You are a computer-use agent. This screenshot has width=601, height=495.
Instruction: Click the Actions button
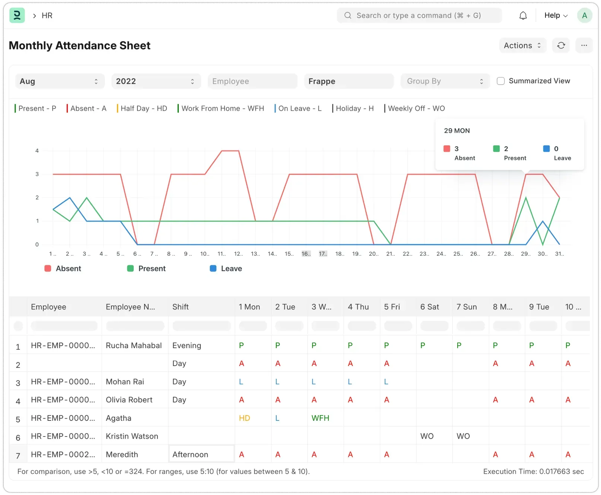[x=522, y=45]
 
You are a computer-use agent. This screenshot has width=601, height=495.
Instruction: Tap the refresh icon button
[x=561, y=45]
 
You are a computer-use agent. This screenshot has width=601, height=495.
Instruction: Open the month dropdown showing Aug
[x=60, y=81]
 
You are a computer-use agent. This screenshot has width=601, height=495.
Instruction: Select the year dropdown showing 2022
[x=156, y=81]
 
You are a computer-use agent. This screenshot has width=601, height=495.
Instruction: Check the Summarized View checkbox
[x=501, y=81]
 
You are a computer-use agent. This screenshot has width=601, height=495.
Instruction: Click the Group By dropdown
[x=445, y=81]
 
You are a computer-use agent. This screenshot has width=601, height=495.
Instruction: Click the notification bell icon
[x=523, y=16]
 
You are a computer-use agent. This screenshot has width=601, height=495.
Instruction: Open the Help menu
[x=556, y=16]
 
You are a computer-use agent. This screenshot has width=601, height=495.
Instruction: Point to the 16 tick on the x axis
[x=306, y=254]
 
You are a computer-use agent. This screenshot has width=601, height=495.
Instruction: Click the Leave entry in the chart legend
[x=226, y=268]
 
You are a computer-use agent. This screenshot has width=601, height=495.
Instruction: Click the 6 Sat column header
[x=430, y=307]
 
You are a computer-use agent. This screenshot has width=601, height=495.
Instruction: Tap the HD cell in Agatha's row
[x=244, y=418]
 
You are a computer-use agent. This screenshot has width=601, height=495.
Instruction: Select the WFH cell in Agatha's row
[x=320, y=418]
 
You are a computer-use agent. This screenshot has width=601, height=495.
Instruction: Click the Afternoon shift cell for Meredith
[x=201, y=454]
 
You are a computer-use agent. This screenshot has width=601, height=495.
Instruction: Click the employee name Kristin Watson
[x=132, y=436]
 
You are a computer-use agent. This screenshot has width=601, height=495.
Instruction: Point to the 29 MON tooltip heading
[x=457, y=131]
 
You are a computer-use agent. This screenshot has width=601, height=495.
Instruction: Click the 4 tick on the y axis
[x=37, y=151]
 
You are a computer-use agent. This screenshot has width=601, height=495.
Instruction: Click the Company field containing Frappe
[x=349, y=81]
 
